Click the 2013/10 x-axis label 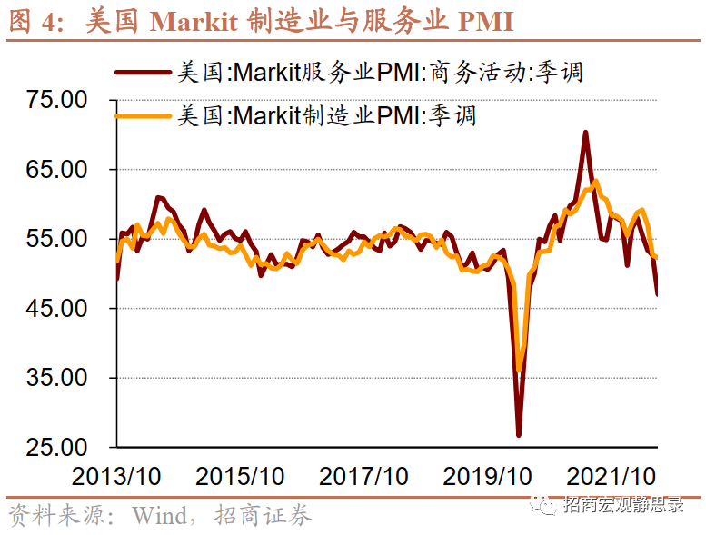click(116, 476)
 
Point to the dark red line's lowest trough click(519, 435)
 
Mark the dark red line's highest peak click(586, 133)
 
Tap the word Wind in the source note click(158, 516)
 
